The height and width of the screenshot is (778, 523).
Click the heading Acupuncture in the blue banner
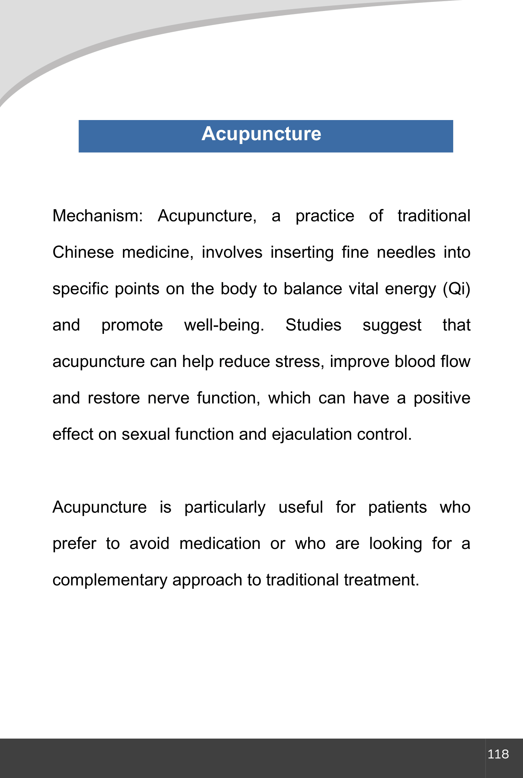(261, 134)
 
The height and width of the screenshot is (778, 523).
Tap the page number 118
(498, 754)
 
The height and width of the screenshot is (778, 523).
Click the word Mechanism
(97, 216)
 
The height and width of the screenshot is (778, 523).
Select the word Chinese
(83, 252)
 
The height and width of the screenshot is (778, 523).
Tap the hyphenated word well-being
(224, 325)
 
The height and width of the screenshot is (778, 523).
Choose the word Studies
(313, 325)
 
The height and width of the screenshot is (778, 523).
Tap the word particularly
(225, 508)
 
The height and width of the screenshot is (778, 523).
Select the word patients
(397, 508)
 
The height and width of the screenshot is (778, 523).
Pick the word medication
(220, 544)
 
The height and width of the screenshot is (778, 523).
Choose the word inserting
(302, 252)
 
